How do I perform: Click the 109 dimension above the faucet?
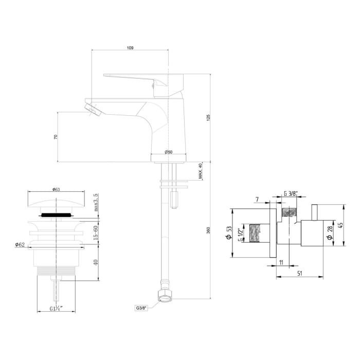[130, 48]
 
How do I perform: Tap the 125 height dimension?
[208, 118]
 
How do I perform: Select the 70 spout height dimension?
[56, 137]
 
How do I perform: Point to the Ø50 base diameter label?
[168, 152]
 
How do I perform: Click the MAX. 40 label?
[200, 171]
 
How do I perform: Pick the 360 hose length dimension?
[208, 230]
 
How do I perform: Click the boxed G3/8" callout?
[141, 308]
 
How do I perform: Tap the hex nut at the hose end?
[165, 296]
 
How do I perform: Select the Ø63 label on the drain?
[56, 189]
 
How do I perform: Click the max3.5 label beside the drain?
[96, 202]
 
